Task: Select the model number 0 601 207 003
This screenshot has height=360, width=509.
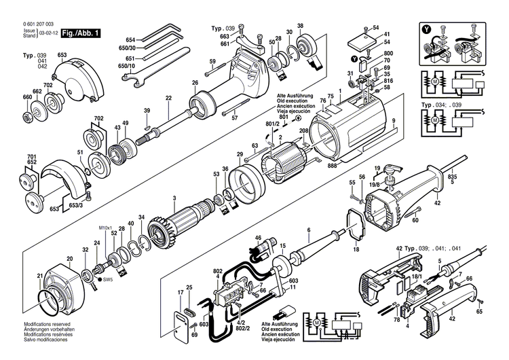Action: [39, 24]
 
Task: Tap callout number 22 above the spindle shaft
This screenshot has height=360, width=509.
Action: [168, 98]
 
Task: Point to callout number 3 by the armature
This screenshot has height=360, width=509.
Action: [174, 198]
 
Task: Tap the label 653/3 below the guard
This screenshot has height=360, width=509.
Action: [77, 205]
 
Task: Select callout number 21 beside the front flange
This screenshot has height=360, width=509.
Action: [39, 275]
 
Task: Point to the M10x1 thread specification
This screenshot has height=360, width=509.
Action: [106, 228]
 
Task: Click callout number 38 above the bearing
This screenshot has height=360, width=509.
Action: [300, 26]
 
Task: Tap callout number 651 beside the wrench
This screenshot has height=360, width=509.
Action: [130, 58]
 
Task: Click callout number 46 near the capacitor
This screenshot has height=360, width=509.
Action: [258, 238]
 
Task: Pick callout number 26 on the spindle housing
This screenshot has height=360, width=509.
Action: [195, 83]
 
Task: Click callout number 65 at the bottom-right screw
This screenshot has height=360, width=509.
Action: [479, 312]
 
